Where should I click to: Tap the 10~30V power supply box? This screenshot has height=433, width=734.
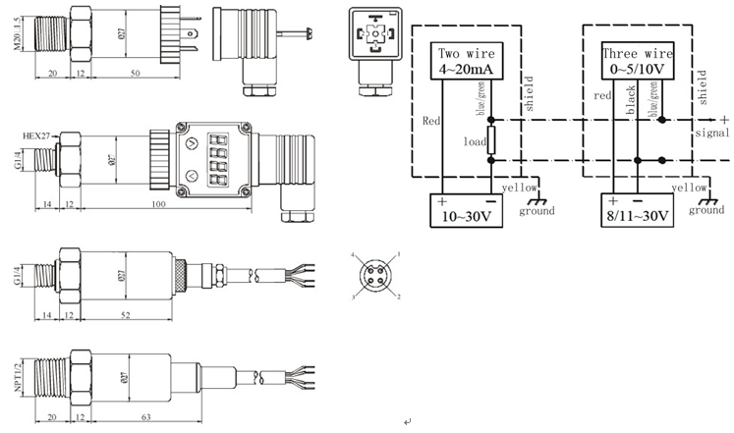(463, 211)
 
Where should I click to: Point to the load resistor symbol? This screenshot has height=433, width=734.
(491, 141)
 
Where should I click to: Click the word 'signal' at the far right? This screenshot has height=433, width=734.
(712, 132)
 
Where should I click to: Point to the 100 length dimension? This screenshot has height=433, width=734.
(158, 203)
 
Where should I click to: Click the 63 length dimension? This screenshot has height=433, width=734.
(144, 417)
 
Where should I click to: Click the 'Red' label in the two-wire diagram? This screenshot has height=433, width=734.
(430, 123)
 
